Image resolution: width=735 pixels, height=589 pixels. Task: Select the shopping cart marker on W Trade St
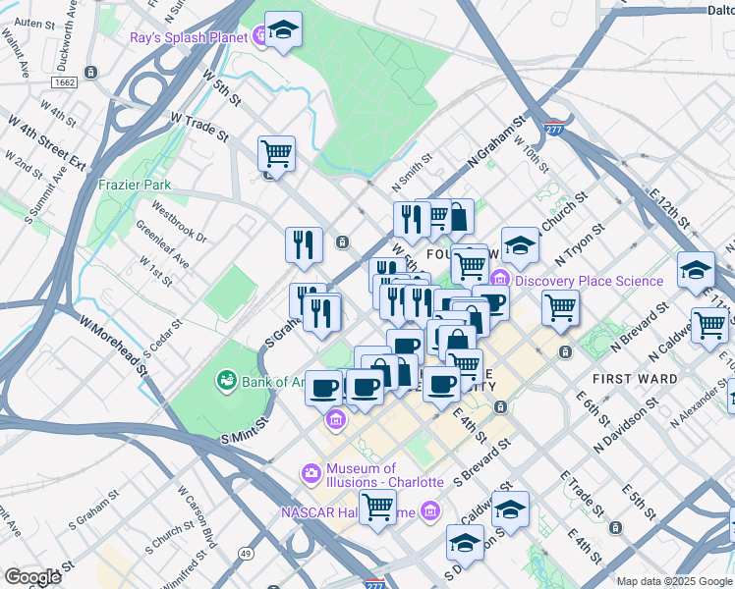point(276,153)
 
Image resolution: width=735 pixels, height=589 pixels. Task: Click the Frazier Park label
point(135,185)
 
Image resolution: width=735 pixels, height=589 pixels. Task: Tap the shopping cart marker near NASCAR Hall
point(377,507)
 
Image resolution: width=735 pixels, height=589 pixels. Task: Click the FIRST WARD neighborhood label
point(634,378)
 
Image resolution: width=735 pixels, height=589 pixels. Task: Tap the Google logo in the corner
point(32,577)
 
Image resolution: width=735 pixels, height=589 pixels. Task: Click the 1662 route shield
point(66,84)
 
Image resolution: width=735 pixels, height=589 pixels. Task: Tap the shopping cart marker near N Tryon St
point(560,307)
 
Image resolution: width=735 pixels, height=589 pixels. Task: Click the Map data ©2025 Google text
point(674,581)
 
